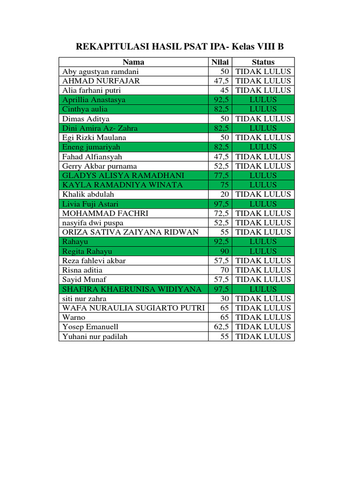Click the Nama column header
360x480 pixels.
coord(134,62)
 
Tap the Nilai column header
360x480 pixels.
coord(220,62)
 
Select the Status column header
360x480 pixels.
coord(263,62)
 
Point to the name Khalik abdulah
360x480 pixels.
coord(88,194)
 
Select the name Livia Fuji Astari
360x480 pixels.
coord(90,204)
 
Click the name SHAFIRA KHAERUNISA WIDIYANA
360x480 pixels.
coord(133,289)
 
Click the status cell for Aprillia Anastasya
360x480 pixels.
coord(263,100)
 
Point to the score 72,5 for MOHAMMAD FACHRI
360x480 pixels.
coord(222,213)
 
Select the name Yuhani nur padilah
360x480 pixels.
coord(95,336)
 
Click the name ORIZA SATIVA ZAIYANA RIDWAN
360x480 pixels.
coord(130,232)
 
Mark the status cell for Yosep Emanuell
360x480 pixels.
coord(263,327)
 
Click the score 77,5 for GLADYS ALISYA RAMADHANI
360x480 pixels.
coord(222,175)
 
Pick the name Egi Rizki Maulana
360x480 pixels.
coord(94,137)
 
